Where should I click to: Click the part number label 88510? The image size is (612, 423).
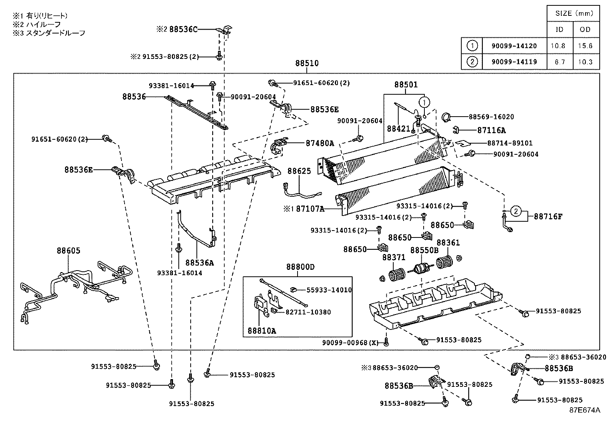point(307,64)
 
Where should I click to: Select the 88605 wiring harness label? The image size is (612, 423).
point(68,251)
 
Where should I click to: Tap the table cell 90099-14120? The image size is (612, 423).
point(514,46)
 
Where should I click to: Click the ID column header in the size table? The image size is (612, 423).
point(560,30)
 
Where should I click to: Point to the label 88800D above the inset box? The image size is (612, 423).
point(300,267)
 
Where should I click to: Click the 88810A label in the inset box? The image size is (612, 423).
point(261,331)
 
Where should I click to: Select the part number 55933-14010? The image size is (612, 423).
point(329,290)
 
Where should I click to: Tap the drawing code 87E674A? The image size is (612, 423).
point(585,410)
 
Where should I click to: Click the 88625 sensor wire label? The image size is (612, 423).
point(299,171)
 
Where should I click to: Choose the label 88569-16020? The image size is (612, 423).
point(491,117)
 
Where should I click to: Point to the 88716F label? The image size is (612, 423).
point(548,217)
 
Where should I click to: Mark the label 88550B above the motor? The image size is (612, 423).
point(424,250)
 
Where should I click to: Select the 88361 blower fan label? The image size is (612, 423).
point(448,243)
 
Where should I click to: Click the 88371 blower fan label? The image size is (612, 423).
point(394,257)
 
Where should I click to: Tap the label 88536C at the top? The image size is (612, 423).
point(183,29)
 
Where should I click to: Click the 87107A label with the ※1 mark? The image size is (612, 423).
point(310,209)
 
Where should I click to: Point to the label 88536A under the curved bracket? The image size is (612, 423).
point(199,263)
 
